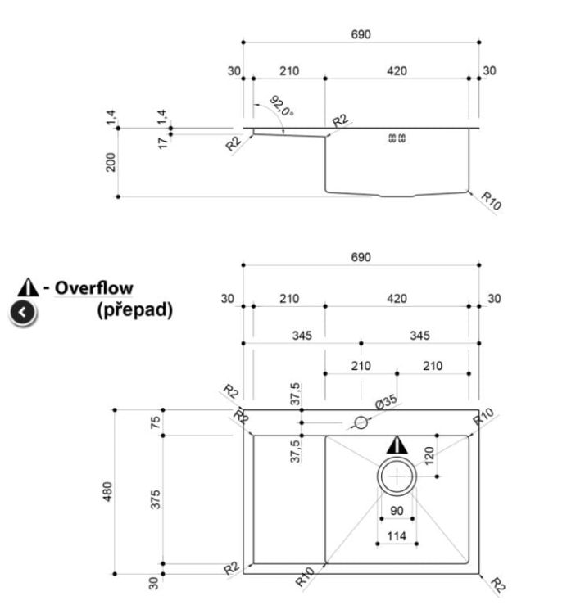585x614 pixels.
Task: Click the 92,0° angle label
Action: click(x=281, y=106)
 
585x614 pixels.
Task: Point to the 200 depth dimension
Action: click(x=111, y=162)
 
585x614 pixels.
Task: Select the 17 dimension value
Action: click(x=163, y=143)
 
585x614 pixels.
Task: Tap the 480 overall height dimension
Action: click(x=107, y=491)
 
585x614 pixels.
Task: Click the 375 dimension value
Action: click(x=156, y=499)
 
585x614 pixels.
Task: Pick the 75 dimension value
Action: click(x=156, y=422)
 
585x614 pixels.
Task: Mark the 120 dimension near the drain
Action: click(x=429, y=456)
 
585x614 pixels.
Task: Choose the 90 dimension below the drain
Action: click(x=397, y=511)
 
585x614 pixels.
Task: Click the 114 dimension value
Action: click(x=397, y=535)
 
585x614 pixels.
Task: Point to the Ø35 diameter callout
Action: click(x=386, y=402)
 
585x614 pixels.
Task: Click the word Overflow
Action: click(x=93, y=288)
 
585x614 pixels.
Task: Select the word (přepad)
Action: click(x=135, y=309)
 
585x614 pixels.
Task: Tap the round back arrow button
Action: click(x=23, y=313)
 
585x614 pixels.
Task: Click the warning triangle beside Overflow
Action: click(x=28, y=288)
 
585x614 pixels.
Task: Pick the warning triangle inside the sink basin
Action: click(x=397, y=445)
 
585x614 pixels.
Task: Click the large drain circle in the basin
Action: click(x=397, y=458)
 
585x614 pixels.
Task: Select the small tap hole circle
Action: click(x=361, y=417)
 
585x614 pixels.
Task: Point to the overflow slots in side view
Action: click(x=397, y=138)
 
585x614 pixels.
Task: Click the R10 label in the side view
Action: click(x=491, y=201)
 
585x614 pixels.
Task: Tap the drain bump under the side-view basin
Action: click(x=397, y=196)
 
